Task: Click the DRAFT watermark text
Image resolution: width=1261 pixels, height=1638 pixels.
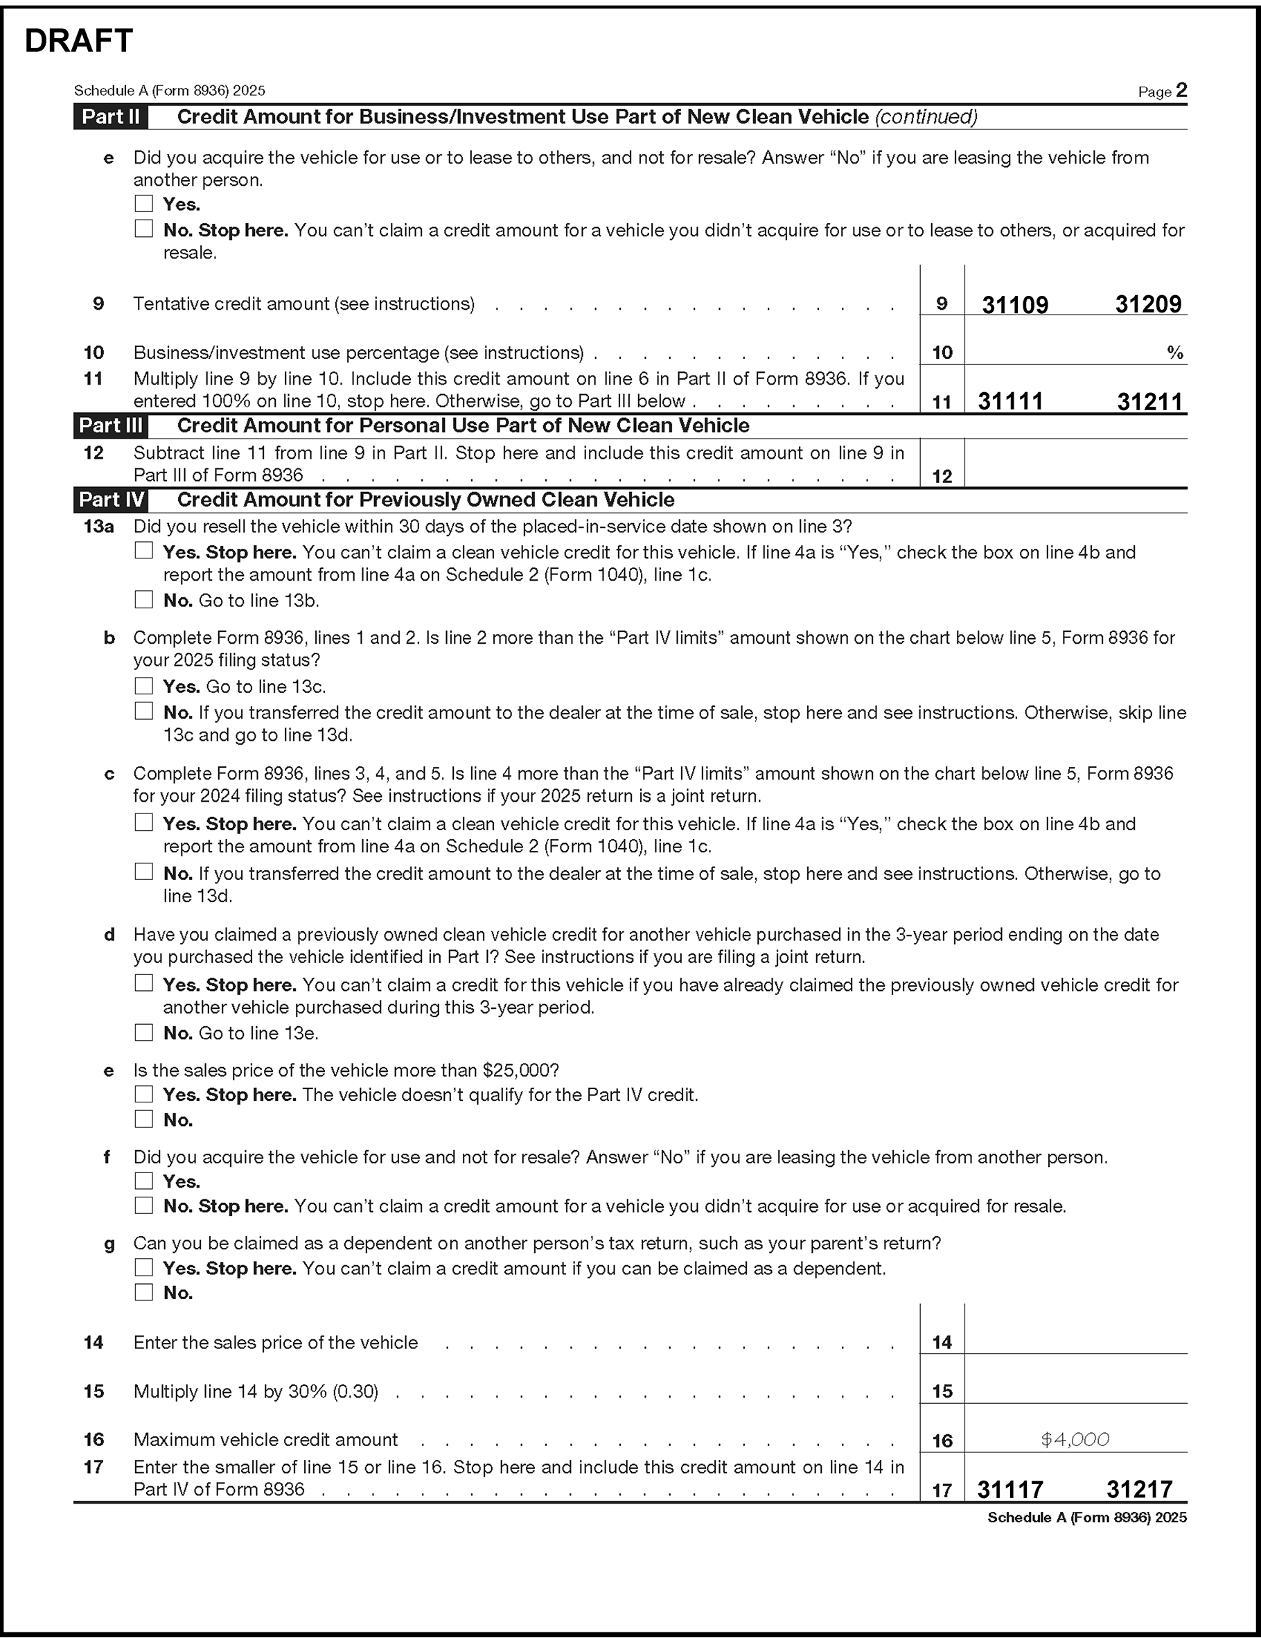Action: (79, 42)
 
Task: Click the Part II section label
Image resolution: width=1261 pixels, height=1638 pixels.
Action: (110, 117)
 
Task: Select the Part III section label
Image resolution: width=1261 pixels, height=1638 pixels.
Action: (110, 426)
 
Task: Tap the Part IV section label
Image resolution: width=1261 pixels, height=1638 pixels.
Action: (110, 500)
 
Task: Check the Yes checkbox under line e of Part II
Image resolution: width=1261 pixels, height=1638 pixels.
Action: (143, 204)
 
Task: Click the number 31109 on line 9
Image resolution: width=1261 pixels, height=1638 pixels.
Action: (1014, 304)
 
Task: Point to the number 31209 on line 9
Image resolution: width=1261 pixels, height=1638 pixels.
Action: (1148, 304)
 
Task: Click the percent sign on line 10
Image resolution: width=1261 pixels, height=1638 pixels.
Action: (1174, 353)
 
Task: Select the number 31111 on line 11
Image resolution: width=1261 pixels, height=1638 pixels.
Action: (1009, 402)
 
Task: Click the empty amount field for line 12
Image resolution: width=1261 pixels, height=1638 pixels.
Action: (1075, 464)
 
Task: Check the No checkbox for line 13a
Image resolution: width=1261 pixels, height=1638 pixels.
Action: (143, 600)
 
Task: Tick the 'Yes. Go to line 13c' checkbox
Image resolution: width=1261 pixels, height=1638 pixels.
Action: (143, 686)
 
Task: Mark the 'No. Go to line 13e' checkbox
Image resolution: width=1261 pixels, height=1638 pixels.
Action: (143, 1032)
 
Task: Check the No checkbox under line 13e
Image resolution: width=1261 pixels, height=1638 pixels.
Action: (143, 1120)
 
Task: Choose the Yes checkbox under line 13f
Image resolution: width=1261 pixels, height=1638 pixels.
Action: (143, 1181)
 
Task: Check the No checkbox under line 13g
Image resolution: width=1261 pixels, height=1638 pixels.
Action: (143, 1292)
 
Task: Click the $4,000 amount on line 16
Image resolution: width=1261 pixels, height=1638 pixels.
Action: (1075, 1439)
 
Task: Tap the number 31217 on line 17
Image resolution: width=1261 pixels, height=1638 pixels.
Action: (1139, 1490)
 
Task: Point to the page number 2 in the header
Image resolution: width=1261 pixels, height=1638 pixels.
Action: (1181, 91)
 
